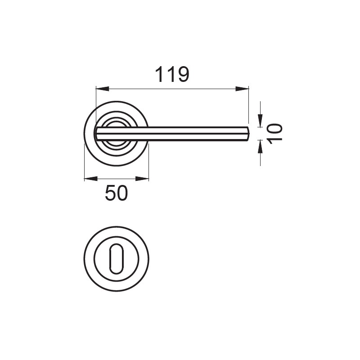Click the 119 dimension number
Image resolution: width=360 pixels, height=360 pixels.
pos(172,74)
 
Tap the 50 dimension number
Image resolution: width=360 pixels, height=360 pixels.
pos(116,193)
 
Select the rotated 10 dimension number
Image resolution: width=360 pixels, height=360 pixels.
pos(274,134)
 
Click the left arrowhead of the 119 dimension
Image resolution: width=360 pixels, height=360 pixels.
pos(102,89)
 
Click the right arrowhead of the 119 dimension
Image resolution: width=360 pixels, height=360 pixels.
pos(242,89)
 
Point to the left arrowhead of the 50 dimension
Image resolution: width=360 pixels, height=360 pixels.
pos(91,179)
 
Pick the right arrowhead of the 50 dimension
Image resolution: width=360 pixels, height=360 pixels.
pos(142,179)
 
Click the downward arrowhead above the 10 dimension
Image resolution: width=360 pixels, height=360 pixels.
pos(260,121)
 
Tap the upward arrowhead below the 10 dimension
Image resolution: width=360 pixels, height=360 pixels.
pos(260,147)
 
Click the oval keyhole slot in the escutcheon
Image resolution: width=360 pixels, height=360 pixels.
pos(117,259)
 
